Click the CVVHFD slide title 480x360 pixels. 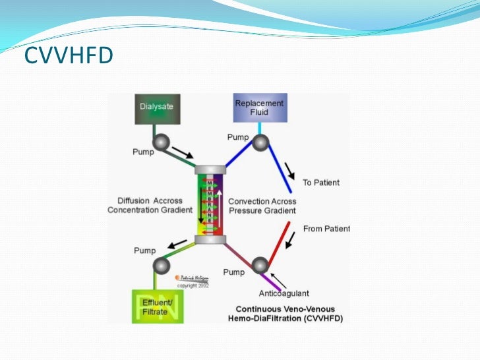pos(69,57)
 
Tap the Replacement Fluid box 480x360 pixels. pos(260,108)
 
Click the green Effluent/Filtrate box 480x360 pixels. pos(158,305)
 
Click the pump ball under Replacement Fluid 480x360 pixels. pos(261,142)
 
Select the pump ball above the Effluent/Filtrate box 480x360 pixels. pos(160,266)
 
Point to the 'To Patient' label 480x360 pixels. pos(322,183)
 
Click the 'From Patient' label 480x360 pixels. pos(326,229)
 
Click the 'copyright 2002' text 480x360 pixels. pos(193,285)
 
